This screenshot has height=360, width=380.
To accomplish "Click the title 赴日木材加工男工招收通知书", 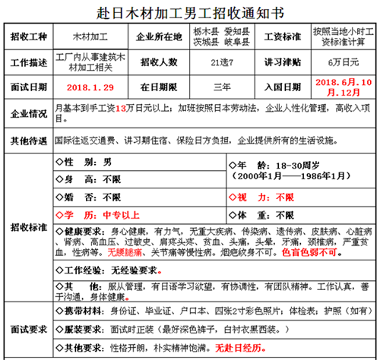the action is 191,13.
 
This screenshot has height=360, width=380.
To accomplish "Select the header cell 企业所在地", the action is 158,36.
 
